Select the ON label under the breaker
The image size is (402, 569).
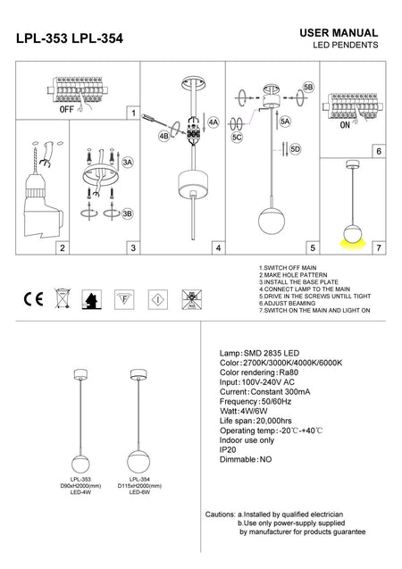pos(346,127)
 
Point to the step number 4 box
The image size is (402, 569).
pos(217,247)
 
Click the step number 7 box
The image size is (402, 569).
pos(379,247)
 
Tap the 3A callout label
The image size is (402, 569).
pos(128,163)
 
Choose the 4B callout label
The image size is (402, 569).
pos(163,136)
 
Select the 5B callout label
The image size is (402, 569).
pos(308,87)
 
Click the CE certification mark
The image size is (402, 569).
pos(29,297)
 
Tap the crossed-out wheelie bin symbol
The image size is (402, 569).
pos(61,297)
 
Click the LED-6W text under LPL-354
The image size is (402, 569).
pos(138,491)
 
